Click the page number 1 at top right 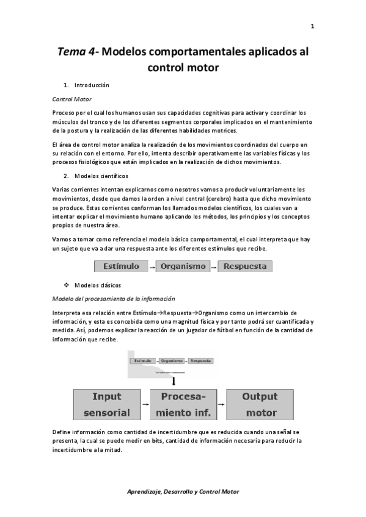coord(312,26)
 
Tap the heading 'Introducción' coord(92,85)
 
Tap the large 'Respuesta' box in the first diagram coord(245,266)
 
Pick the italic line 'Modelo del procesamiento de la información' coord(114,298)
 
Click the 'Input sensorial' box coord(106,404)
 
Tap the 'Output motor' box coord(260,404)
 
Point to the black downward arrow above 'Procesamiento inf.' coord(174,380)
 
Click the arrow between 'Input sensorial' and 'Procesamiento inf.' coord(145,405)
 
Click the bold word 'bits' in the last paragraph coord(157,440)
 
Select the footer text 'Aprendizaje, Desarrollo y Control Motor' coord(183,491)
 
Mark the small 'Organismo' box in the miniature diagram coord(173,361)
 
